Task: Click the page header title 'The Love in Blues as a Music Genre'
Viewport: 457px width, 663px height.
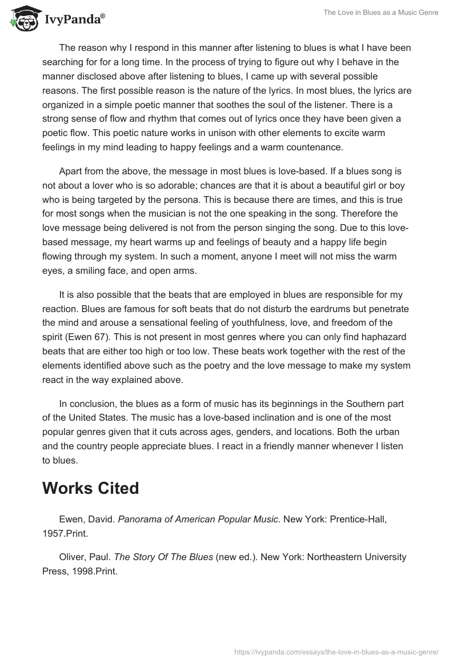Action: pyautogui.click(x=381, y=12)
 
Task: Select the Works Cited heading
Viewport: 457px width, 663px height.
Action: pyautogui.click(x=91, y=488)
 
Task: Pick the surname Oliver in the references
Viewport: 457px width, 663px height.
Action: pyautogui.click(x=71, y=556)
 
